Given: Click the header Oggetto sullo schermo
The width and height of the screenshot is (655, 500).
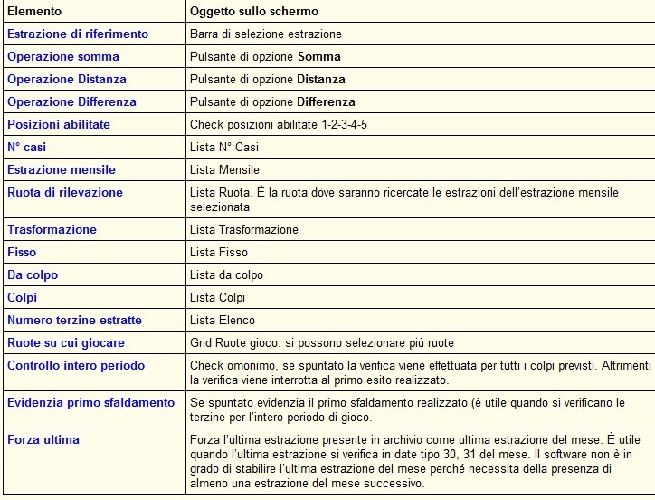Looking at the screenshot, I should (253, 12).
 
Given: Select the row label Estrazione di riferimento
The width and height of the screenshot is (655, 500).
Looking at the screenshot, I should (78, 34).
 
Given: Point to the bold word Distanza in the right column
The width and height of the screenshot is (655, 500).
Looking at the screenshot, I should (321, 80).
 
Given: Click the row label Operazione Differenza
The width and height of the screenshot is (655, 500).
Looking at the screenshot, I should (71, 102).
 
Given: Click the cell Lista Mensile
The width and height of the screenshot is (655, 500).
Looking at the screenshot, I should (224, 170).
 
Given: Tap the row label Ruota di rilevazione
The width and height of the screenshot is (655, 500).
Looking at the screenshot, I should (65, 193).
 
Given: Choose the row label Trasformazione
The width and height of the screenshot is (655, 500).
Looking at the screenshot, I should (52, 230).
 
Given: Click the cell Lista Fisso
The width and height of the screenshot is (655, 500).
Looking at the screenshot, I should (218, 253).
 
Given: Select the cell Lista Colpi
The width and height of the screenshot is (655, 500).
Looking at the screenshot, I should (217, 298).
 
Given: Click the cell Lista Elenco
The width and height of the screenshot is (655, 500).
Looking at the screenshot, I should (223, 321).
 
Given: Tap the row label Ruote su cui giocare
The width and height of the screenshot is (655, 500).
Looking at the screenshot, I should (66, 343).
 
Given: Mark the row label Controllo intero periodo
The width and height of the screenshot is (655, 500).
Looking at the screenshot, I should (76, 366).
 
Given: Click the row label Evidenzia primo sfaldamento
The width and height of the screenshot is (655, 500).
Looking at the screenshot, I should (90, 402).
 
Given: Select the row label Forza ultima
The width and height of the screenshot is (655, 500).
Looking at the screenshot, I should (43, 440).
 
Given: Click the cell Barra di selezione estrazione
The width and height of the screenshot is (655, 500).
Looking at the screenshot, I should (266, 34).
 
